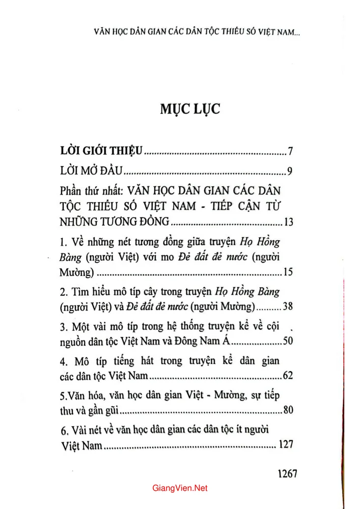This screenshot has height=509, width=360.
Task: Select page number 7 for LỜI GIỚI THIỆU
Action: (288, 151)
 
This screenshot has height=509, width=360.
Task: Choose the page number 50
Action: (286, 341)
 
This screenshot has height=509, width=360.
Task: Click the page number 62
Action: (286, 377)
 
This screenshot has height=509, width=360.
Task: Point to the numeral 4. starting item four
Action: (64, 362)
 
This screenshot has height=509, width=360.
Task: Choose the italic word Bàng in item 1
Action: (71, 258)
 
